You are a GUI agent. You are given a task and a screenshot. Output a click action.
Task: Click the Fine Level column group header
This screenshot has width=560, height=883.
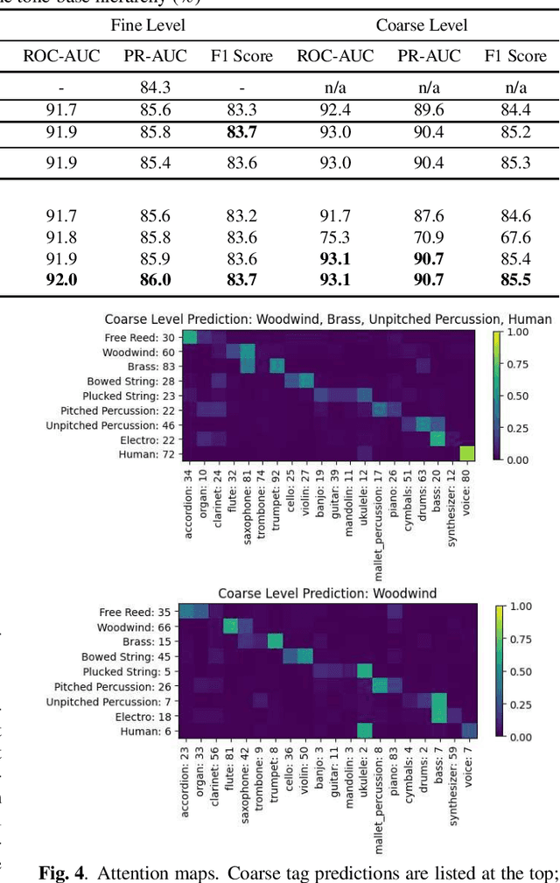(x=147, y=25)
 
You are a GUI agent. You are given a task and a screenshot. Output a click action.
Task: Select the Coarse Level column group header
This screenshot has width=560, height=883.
(x=422, y=25)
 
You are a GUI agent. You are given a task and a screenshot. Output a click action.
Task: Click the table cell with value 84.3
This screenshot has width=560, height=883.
(x=155, y=88)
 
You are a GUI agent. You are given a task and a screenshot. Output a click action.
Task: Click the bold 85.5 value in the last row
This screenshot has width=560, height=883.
(x=515, y=279)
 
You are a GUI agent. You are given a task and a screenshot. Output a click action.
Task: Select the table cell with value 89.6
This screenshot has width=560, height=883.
(x=429, y=110)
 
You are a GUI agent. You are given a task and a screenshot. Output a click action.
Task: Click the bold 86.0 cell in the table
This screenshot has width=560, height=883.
(x=155, y=279)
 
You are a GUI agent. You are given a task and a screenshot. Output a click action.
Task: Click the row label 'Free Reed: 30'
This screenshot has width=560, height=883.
(x=143, y=338)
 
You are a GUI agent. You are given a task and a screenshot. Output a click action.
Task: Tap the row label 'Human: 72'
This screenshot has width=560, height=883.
(x=150, y=454)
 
